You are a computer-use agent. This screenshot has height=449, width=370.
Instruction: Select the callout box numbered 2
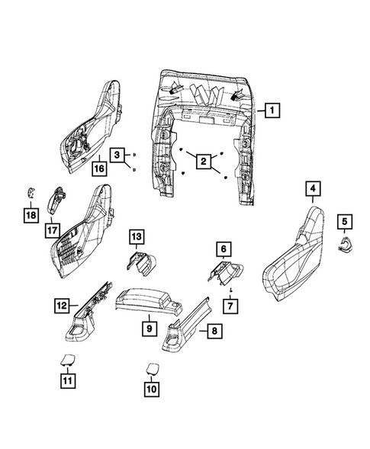pos(203,161)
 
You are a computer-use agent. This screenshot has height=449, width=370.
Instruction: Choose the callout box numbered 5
pos(344,223)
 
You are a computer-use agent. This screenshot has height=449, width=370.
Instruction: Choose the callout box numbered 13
pos(135,237)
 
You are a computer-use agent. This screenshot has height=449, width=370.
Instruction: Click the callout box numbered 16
pos(98,168)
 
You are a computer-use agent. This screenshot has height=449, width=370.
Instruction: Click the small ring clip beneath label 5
pos(345,242)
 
